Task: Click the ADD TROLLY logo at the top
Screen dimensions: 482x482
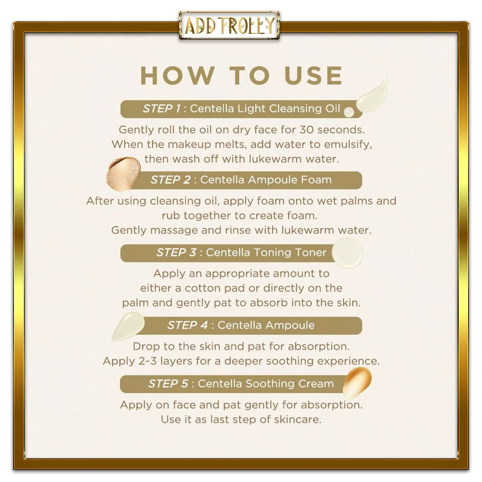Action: click(229, 26)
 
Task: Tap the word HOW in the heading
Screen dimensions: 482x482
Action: click(178, 76)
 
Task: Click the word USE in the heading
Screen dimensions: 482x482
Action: click(313, 76)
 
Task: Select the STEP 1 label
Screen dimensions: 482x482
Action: click(161, 109)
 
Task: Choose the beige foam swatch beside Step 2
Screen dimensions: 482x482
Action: click(123, 174)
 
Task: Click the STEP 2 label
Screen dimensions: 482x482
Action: click(170, 180)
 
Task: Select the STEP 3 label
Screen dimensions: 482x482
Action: click(176, 253)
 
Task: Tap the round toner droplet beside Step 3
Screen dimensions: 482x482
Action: click(347, 253)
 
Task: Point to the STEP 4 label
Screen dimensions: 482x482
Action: click(187, 326)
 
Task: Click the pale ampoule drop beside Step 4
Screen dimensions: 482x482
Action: click(128, 327)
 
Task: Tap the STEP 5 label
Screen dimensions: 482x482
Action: click(168, 384)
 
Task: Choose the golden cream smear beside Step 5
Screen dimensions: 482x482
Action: click(357, 383)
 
